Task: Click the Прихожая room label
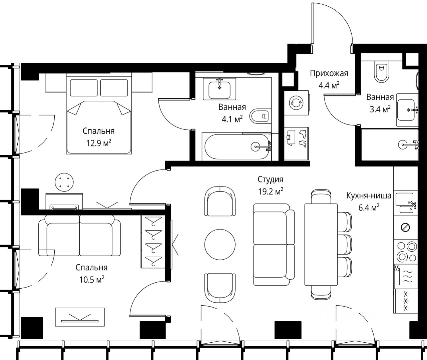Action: (x=329, y=73)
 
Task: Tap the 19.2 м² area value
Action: (x=271, y=191)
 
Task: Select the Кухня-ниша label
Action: (x=369, y=196)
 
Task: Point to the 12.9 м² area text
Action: (x=98, y=143)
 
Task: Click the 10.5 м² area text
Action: (x=92, y=279)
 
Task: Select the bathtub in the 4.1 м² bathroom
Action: (x=237, y=146)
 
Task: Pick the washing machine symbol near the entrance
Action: (x=296, y=103)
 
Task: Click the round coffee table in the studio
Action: (x=220, y=244)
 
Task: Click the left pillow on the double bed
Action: (x=84, y=88)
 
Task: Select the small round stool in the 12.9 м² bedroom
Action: (x=64, y=182)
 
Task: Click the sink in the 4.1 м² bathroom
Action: (x=220, y=89)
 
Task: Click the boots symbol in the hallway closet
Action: (x=303, y=138)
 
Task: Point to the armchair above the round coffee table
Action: (x=220, y=201)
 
